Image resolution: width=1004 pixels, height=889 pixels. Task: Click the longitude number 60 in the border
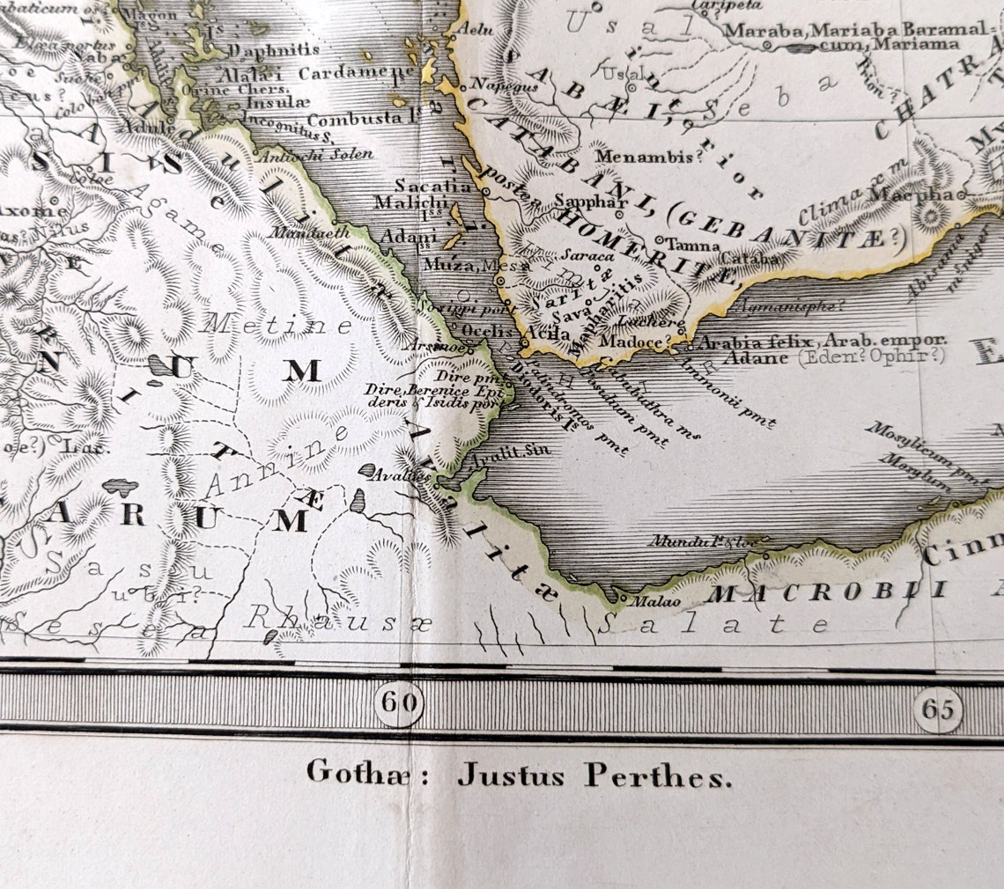click(x=398, y=704)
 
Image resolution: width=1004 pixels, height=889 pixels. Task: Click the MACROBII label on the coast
click(x=828, y=592)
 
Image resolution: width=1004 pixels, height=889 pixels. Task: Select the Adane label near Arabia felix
click(x=756, y=357)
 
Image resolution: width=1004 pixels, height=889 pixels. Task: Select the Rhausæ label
click(x=339, y=619)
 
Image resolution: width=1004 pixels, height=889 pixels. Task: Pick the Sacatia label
click(x=432, y=186)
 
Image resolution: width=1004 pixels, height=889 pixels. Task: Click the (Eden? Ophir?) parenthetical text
click(x=871, y=356)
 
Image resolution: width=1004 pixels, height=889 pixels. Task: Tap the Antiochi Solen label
click(x=314, y=154)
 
